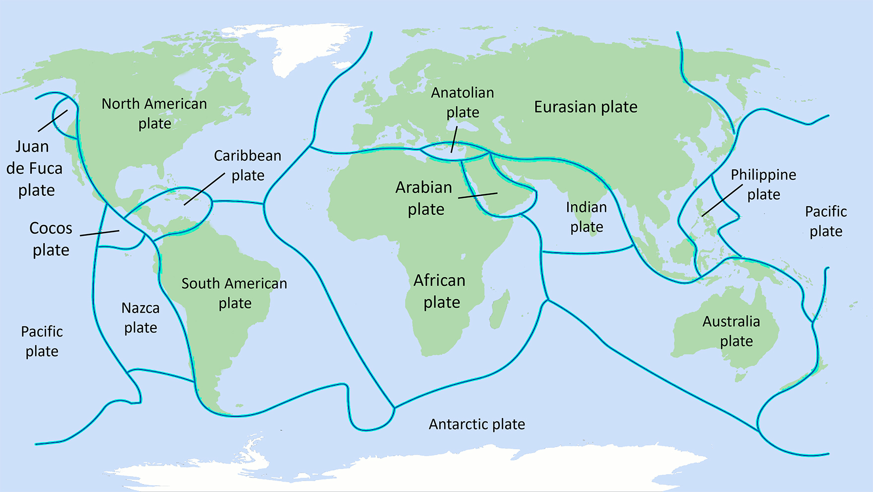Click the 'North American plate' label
154,113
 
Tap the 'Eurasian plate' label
586,107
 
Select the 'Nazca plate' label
140,318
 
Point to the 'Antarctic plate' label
476,424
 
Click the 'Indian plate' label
587,217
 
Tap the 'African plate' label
440,291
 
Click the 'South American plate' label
234,293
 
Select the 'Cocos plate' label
51,239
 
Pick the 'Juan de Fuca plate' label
34,168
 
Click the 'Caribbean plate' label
248,165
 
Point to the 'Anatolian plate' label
462,102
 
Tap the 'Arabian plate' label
424,198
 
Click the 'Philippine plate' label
763,184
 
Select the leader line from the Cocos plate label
99,233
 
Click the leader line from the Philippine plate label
722,200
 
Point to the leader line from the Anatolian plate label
454,140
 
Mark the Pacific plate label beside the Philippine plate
826,221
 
